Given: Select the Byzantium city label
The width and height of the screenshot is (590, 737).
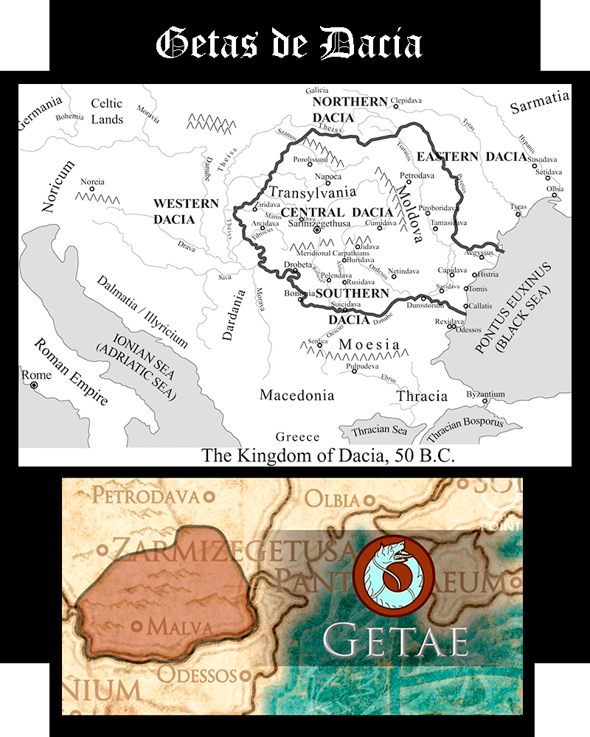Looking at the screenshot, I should pyautogui.click(x=487, y=394).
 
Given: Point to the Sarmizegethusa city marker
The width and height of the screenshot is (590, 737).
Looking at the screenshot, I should pyautogui.click(x=318, y=230).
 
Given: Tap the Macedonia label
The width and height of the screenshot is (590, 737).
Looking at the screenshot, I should pyautogui.click(x=296, y=396).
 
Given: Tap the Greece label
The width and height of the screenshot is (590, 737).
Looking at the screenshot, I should pyautogui.click(x=298, y=436).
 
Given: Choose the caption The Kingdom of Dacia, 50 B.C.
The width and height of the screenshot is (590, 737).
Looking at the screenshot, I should pyautogui.click(x=328, y=455).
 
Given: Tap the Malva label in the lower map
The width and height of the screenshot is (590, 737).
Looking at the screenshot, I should pyautogui.click(x=180, y=627).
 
